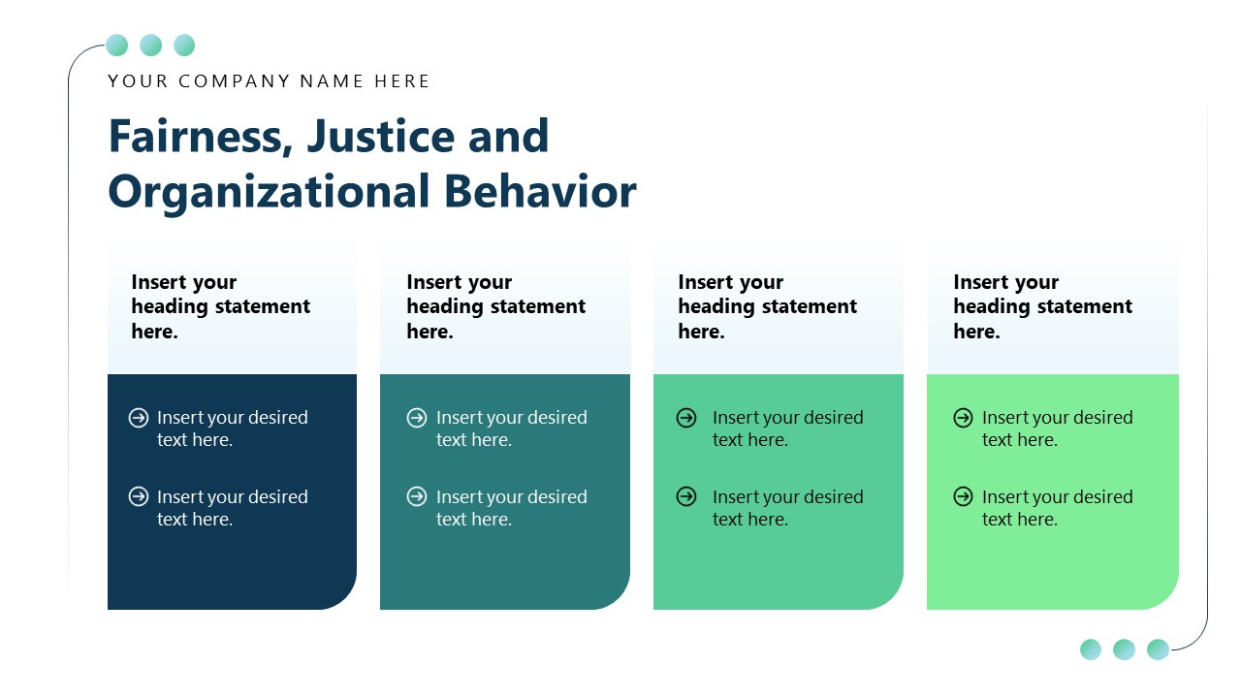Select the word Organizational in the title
pyautogui.click(x=269, y=192)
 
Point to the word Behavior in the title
pyautogui.click(x=540, y=192)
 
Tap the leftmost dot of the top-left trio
pyautogui.click(x=117, y=46)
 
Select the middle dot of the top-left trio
pyautogui.click(x=150, y=46)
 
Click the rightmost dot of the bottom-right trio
pyautogui.click(x=1158, y=650)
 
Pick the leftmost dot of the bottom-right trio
pyautogui.click(x=1091, y=650)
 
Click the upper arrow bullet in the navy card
pyautogui.click(x=139, y=418)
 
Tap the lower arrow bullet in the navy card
pyautogui.click(x=139, y=497)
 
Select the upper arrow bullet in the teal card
pyautogui.click(x=417, y=418)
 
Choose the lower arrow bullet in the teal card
pyautogui.click(x=417, y=497)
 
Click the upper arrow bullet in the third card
pyautogui.click(x=686, y=418)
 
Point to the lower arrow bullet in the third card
pyautogui.click(x=686, y=497)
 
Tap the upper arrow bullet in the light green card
pyautogui.click(x=963, y=418)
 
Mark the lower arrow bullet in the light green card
pyautogui.click(x=963, y=497)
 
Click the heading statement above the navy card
pyautogui.click(x=221, y=306)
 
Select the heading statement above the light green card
pyautogui.click(x=1042, y=306)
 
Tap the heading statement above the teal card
pyautogui.click(x=495, y=306)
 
